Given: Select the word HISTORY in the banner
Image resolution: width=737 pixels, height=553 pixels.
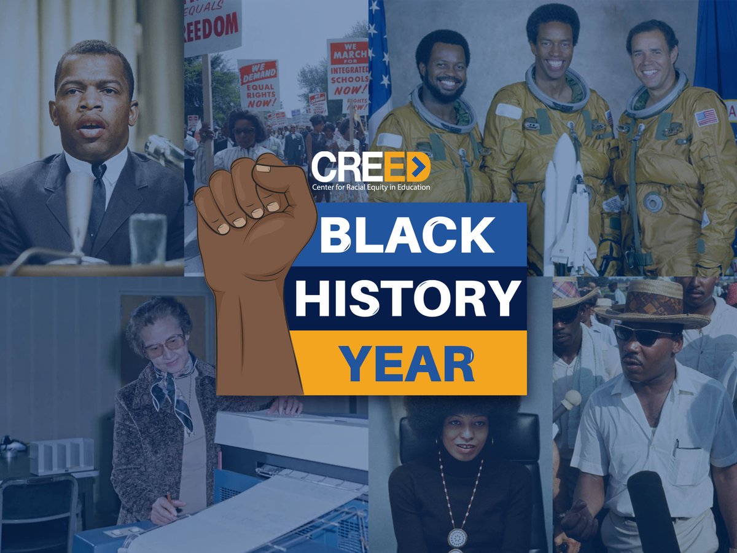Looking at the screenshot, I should click(407, 299).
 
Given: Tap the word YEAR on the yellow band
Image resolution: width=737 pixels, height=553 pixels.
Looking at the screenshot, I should click(408, 363).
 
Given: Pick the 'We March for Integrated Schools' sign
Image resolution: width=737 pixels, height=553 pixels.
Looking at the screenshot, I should click(348, 68).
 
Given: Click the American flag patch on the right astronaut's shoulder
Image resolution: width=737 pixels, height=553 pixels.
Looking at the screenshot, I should click(706, 117).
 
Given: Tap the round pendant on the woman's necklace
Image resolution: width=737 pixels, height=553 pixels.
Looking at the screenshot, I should click(457, 537).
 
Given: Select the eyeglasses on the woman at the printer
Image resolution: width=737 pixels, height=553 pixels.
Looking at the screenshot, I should click(164, 346).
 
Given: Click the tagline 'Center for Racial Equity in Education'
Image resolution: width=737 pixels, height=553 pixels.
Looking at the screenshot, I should click(370, 187).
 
